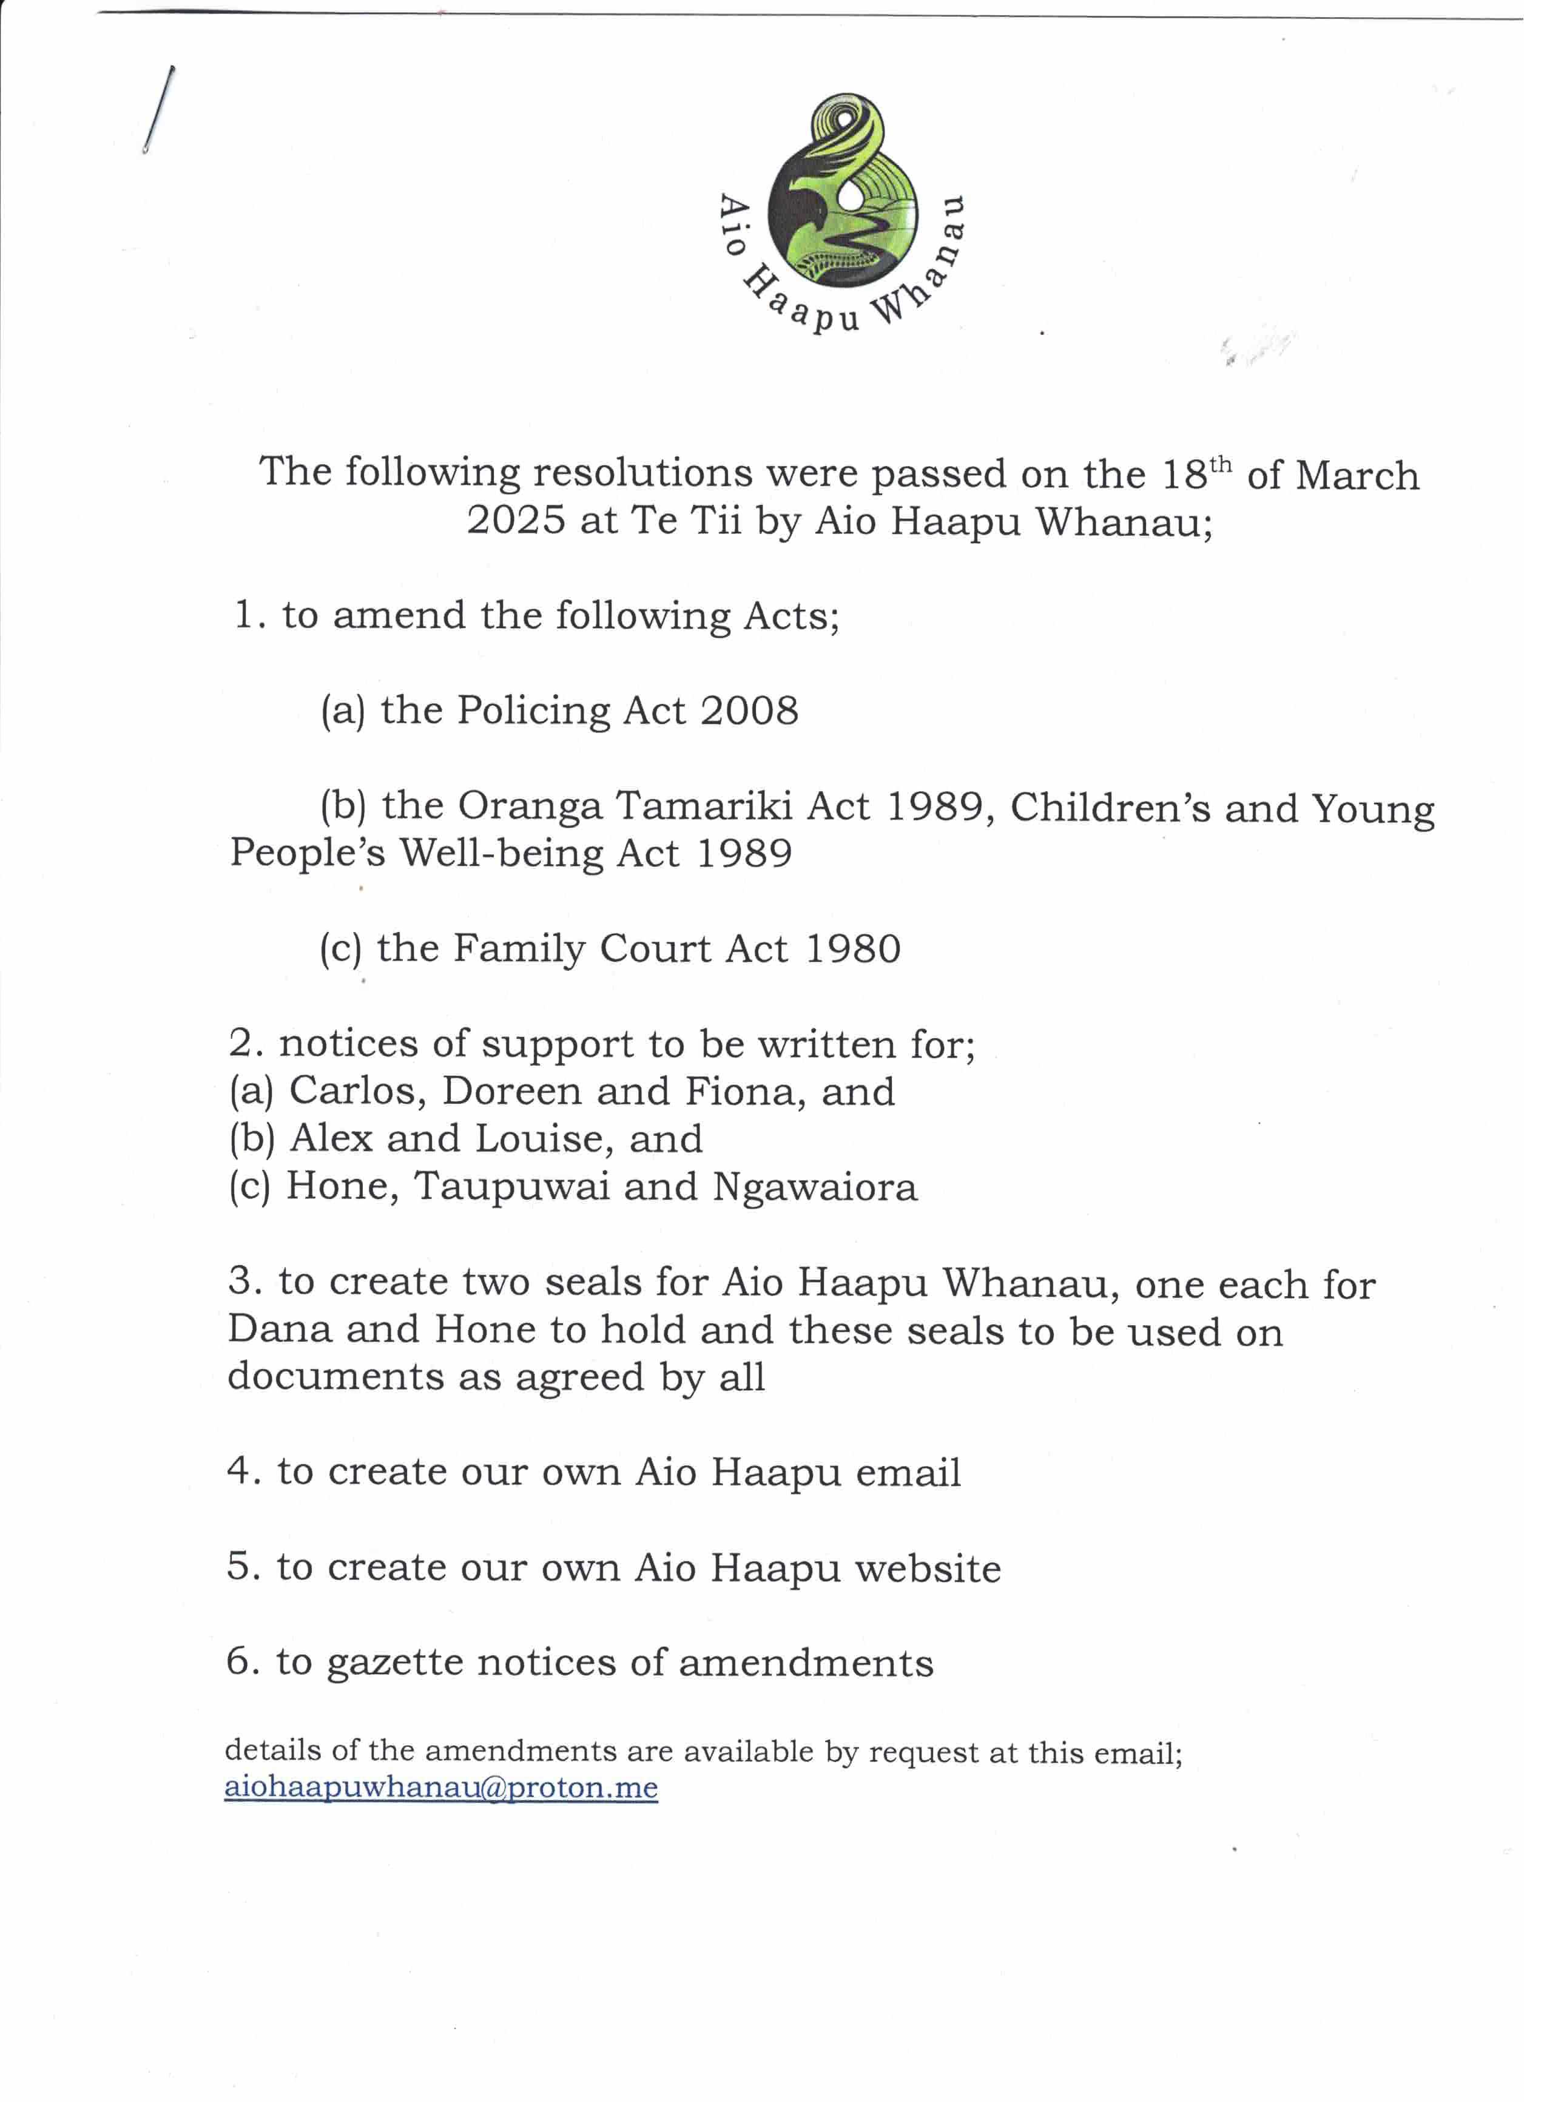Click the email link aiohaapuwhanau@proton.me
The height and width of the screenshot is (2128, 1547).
[441, 1788]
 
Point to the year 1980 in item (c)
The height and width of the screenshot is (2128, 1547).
[853, 948]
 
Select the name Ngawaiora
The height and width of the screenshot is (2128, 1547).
[814, 1187]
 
